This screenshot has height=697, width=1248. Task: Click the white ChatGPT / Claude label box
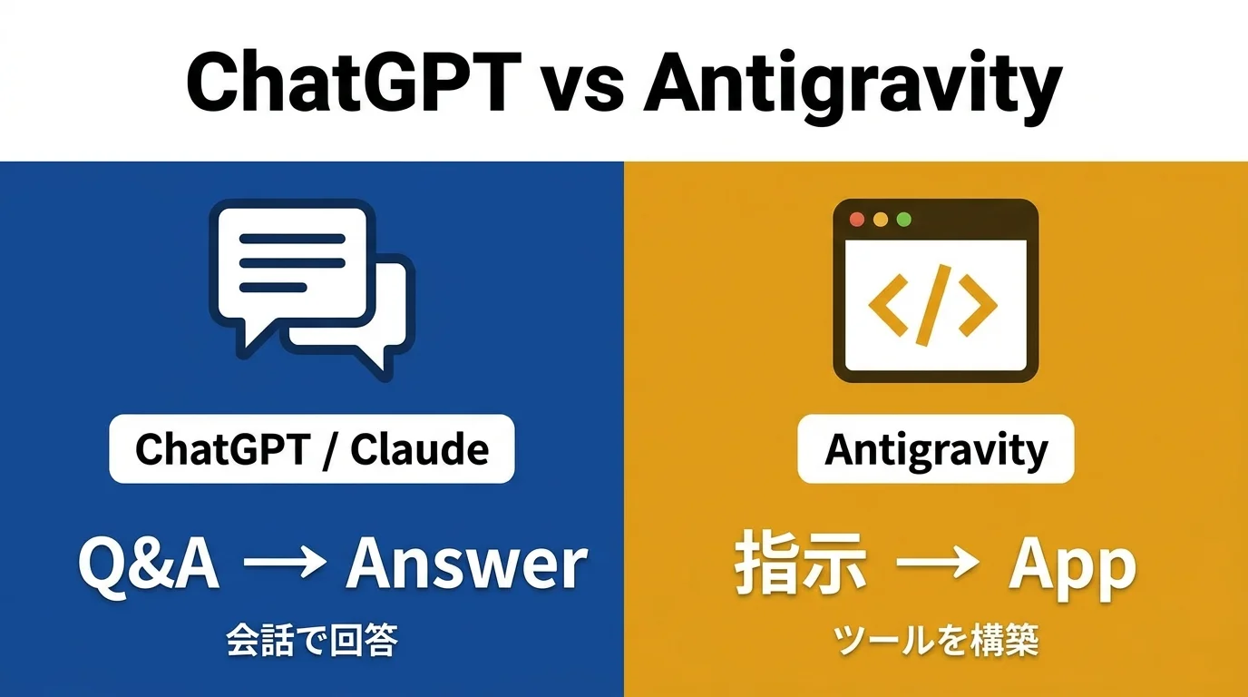pos(311,448)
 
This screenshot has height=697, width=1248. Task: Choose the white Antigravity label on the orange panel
pos(935,448)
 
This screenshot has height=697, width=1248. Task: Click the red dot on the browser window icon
pos(855,220)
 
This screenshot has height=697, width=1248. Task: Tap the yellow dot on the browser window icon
pos(879,220)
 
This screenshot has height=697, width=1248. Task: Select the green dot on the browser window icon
pos(902,220)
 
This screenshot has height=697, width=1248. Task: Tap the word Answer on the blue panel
pos(466,564)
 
